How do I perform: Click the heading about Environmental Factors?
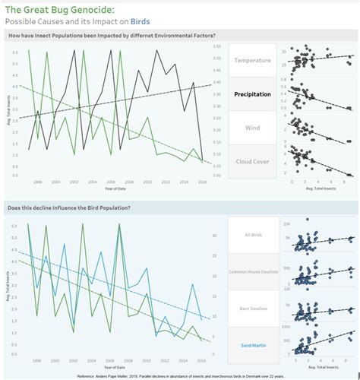click(x=111, y=36)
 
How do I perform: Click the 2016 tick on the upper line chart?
click(x=202, y=182)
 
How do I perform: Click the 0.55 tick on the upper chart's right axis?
click(x=216, y=46)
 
